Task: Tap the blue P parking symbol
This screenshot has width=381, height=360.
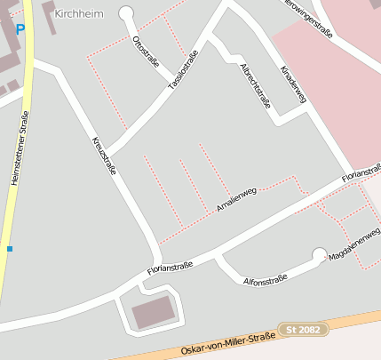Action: (x=20, y=30)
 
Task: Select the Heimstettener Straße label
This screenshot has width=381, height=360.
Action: (x=20, y=148)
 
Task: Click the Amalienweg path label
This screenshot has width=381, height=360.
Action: (x=236, y=198)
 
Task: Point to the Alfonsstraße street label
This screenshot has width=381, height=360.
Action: (x=266, y=280)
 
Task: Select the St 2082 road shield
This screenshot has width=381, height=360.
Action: (x=303, y=330)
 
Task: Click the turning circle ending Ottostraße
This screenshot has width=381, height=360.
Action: (x=125, y=13)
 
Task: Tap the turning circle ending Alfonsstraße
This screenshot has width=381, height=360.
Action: (x=319, y=255)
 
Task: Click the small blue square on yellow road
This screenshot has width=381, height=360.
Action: (x=10, y=249)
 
